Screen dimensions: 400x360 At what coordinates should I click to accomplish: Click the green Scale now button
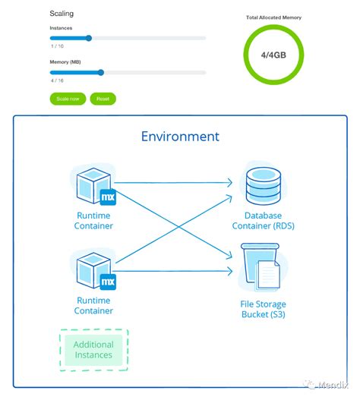pyautogui.click(x=68, y=99)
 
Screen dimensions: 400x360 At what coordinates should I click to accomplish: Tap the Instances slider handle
pyautogui.click(x=89, y=37)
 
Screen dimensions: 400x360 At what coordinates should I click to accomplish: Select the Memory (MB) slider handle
pyautogui.click(x=100, y=73)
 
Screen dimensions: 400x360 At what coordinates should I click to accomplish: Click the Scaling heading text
pyautogui.click(x=62, y=14)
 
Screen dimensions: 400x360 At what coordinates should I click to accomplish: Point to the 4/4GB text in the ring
pyautogui.click(x=273, y=54)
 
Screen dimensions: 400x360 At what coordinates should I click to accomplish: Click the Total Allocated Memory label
pyautogui.click(x=273, y=17)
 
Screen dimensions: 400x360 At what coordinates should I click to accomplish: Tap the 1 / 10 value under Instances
pyautogui.click(x=56, y=46)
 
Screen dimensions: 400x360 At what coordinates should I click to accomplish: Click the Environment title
pyautogui.click(x=180, y=137)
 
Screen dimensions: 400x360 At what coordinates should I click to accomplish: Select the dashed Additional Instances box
pyautogui.click(x=93, y=350)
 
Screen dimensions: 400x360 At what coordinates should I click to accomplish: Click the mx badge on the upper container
pyautogui.click(x=108, y=197)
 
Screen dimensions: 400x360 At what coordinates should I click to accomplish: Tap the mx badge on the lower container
pyautogui.click(x=108, y=282)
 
